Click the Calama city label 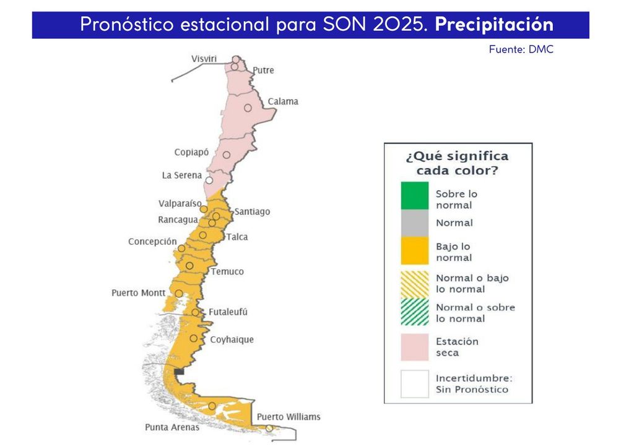[282, 101]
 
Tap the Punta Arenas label [172, 427]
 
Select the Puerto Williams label [289, 417]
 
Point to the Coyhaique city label [232, 339]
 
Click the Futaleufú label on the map [228, 312]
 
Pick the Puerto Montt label [138, 292]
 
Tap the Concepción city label [152, 242]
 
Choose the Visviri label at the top [204, 59]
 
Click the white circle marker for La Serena [209, 180]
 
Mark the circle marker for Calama [248, 108]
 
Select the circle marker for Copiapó [227, 155]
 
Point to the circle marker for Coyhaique [194, 338]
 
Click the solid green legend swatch [414, 196]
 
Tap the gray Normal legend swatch [414, 223]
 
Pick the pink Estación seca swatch [414, 347]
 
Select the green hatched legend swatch [414, 313]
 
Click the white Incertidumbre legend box [414, 383]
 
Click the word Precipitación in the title [493, 25]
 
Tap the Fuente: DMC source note [521, 49]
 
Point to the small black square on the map [180, 371]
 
